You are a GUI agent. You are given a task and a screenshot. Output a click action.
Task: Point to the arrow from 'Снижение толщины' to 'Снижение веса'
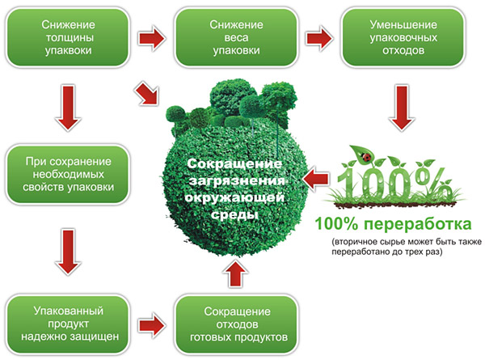coord(150,38)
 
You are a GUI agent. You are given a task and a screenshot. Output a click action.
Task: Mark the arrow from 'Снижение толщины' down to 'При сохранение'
coord(64,107)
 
